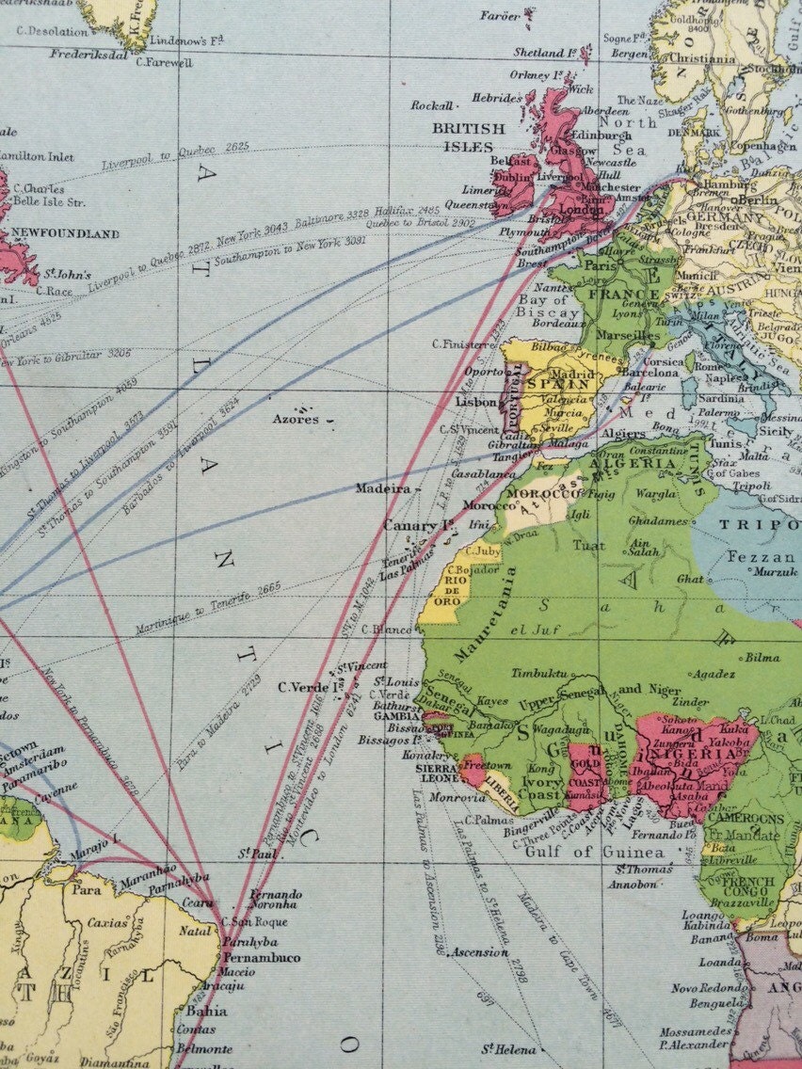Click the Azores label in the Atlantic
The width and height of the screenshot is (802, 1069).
[294, 420]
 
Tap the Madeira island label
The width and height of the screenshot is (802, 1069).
[381, 489]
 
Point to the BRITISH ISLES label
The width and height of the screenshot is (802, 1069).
[468, 137]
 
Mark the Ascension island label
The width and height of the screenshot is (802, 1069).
[479, 952]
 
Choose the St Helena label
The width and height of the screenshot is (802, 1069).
[508, 1049]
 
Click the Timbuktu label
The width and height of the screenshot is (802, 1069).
[539, 674]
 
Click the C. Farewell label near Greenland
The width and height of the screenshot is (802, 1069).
[164, 63]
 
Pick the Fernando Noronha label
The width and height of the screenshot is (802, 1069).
[276, 899]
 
